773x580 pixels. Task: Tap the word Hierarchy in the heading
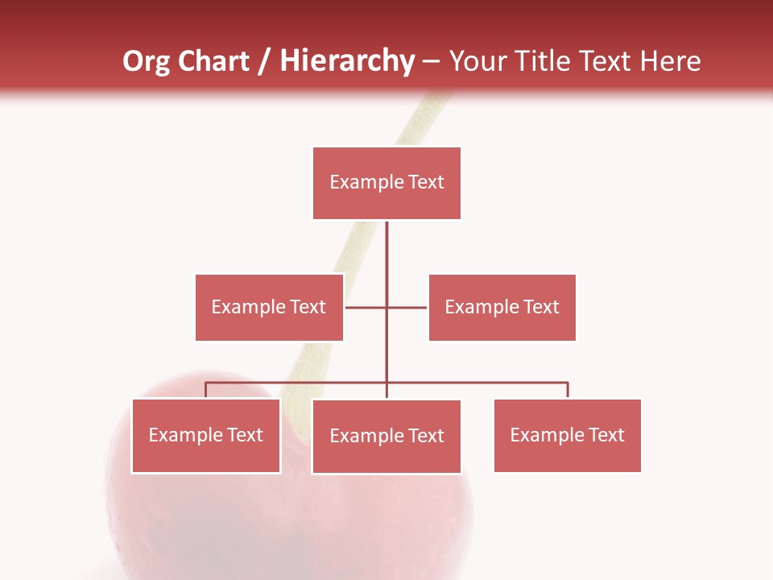coord(346,61)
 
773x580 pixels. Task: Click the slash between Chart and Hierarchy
coord(264,62)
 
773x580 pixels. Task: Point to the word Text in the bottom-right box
coord(606,435)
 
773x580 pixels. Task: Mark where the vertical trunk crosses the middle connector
coord(386,307)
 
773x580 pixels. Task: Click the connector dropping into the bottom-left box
coord(206,390)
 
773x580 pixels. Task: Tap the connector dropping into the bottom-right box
coord(568,390)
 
